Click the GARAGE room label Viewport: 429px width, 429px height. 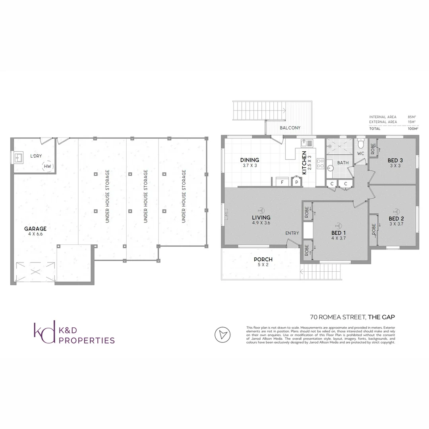35,228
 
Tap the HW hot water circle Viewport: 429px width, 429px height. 48,166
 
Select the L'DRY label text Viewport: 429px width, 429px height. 37,156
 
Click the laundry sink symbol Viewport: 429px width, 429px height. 18,158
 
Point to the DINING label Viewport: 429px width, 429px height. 249,160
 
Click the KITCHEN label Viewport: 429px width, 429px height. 304,162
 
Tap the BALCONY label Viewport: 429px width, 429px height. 290,128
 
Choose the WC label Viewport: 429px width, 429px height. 361,153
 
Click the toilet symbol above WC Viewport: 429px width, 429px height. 361,142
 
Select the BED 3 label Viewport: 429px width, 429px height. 395,160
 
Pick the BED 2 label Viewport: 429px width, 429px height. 396,219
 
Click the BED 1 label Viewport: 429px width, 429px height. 338,233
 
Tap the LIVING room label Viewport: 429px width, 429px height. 261,217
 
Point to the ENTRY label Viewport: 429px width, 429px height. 292,233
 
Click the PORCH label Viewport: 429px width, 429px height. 263,259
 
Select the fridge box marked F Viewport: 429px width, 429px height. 282,182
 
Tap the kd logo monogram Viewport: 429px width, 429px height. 44,333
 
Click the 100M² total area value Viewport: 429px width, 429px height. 413,129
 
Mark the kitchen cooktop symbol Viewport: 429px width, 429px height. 321,164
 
